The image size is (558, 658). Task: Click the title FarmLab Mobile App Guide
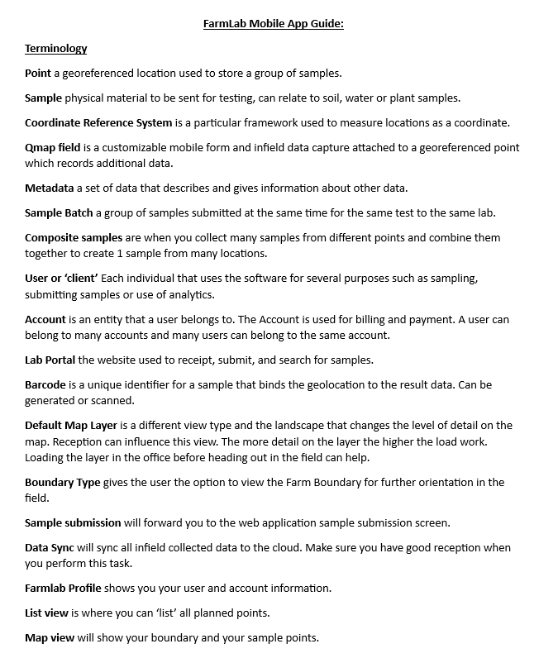(x=273, y=23)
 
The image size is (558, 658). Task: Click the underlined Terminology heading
(x=55, y=48)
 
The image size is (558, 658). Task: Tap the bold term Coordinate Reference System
(x=98, y=122)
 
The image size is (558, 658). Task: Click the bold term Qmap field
(x=51, y=147)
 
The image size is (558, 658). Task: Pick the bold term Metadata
(x=49, y=188)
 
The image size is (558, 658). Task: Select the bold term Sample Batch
(x=59, y=212)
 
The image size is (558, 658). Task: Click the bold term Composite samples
(x=73, y=237)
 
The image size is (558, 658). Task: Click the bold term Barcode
(x=45, y=384)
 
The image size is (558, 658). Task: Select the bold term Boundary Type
(x=62, y=482)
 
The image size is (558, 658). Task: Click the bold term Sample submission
(x=72, y=522)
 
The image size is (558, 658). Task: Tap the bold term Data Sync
(x=49, y=547)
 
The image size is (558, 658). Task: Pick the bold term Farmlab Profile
(x=63, y=588)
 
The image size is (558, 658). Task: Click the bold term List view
(x=47, y=613)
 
